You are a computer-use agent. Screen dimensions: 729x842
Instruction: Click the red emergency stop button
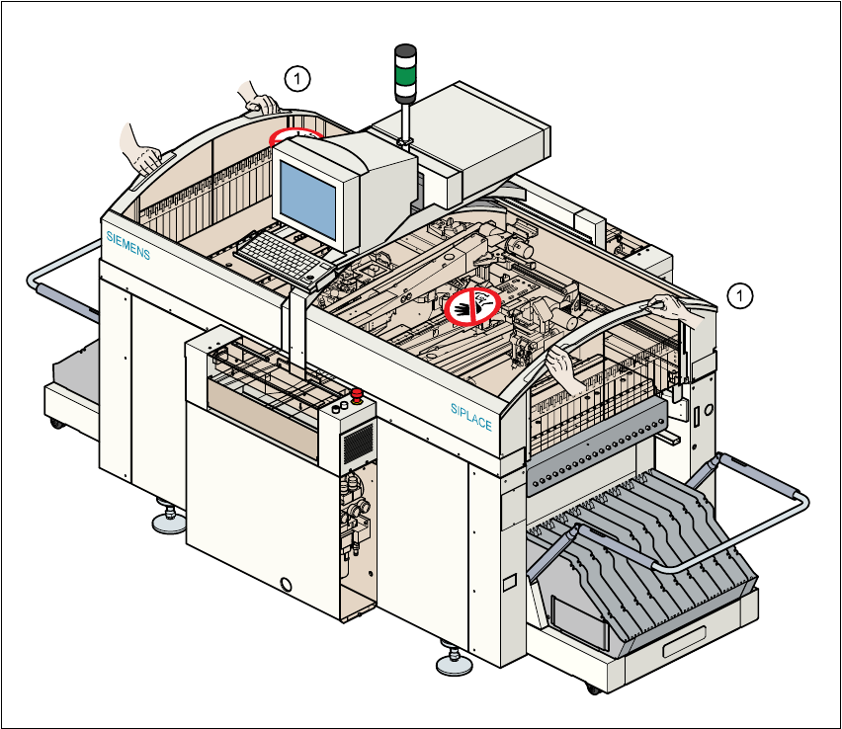click(356, 401)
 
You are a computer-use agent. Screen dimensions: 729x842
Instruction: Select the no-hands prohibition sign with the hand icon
click(471, 306)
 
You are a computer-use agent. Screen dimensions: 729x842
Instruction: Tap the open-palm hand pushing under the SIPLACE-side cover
click(563, 371)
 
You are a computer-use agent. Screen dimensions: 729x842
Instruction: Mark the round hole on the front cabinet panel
click(287, 584)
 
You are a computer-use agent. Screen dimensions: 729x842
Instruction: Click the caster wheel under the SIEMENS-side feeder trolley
click(55, 422)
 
